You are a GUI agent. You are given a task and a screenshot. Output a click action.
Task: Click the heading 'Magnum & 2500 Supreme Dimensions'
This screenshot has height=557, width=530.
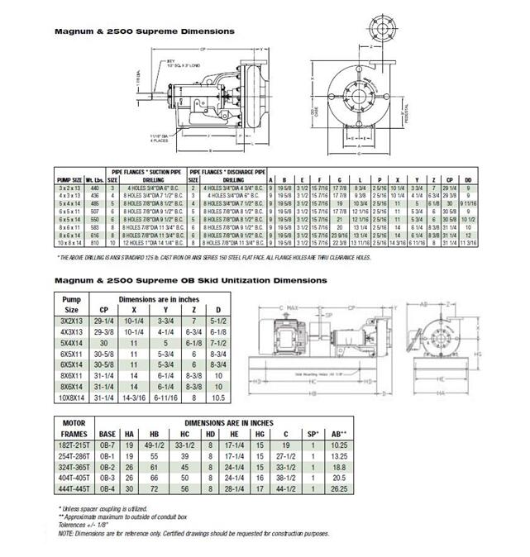(x=144, y=31)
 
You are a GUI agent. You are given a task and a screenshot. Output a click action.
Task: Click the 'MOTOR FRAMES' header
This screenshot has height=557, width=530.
(x=75, y=426)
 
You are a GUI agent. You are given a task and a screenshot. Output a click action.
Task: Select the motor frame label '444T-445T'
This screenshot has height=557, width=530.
(x=75, y=488)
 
